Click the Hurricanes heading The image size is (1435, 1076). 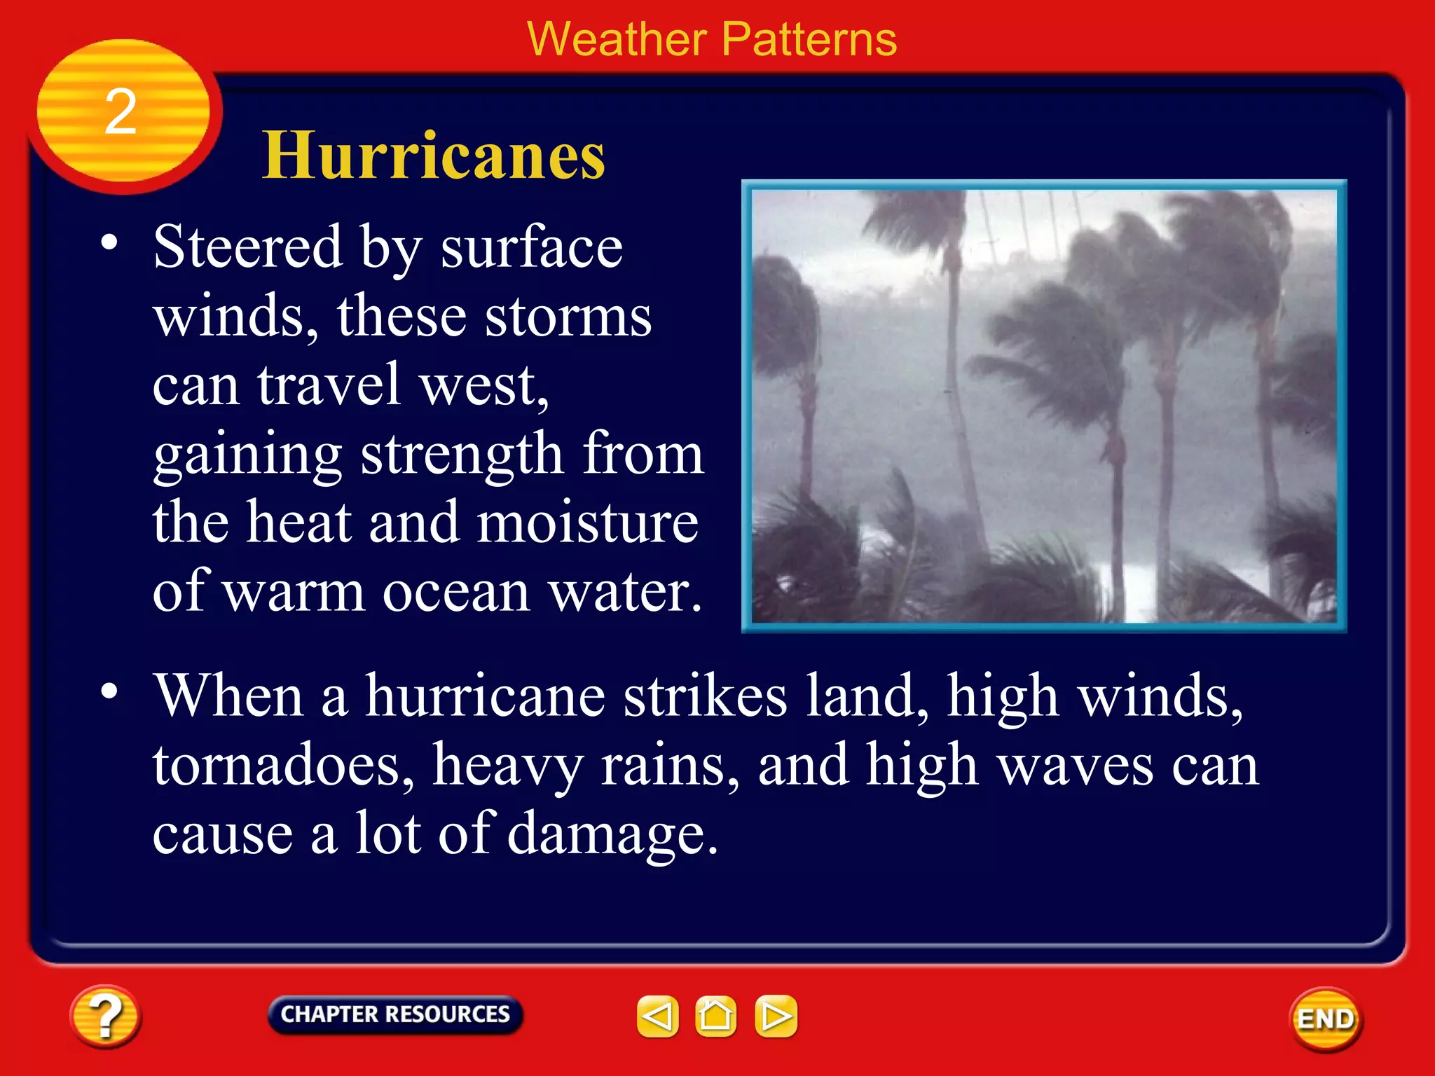(x=433, y=156)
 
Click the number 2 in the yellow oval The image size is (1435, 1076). (x=121, y=112)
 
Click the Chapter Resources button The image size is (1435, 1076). (x=394, y=1014)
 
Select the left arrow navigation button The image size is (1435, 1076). (x=657, y=1016)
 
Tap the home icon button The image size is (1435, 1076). (x=715, y=1016)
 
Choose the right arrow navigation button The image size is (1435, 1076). (x=776, y=1016)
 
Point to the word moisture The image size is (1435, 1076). (x=587, y=523)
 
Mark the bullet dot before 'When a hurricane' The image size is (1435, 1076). (x=109, y=691)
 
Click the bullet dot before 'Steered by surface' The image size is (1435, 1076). (x=109, y=242)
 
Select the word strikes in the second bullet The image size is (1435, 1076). (x=705, y=696)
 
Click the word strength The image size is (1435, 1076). (x=462, y=454)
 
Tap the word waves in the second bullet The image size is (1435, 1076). (x=1075, y=765)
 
